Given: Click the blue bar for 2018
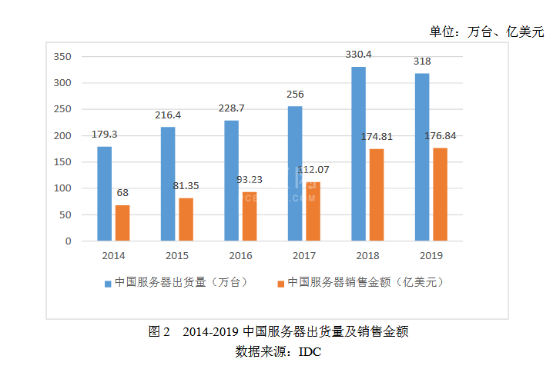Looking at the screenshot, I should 358,154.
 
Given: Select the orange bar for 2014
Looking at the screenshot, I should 122,223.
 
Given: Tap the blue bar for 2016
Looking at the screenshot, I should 232,181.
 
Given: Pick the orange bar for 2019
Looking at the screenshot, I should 440,194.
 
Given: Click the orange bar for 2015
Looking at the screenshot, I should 186,220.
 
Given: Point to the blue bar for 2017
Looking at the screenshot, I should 295,174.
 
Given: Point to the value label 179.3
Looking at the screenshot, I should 105,134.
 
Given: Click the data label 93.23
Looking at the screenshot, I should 250,179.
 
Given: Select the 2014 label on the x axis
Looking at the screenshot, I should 113,255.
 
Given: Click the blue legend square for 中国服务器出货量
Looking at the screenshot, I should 108,283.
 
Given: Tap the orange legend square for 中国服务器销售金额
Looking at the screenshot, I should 281,283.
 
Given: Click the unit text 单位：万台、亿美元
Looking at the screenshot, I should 486,32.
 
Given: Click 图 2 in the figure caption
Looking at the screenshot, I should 159,332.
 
